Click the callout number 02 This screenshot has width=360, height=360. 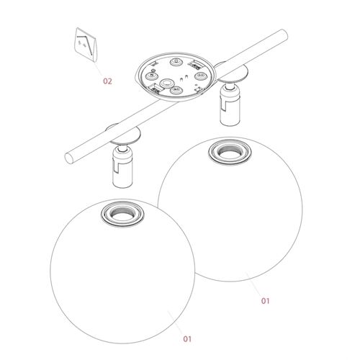pos(107,82)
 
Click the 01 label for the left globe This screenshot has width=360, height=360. pos(187,338)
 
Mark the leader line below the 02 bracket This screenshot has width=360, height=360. pos(97,66)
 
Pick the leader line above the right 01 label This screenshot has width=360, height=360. pos(254,284)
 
